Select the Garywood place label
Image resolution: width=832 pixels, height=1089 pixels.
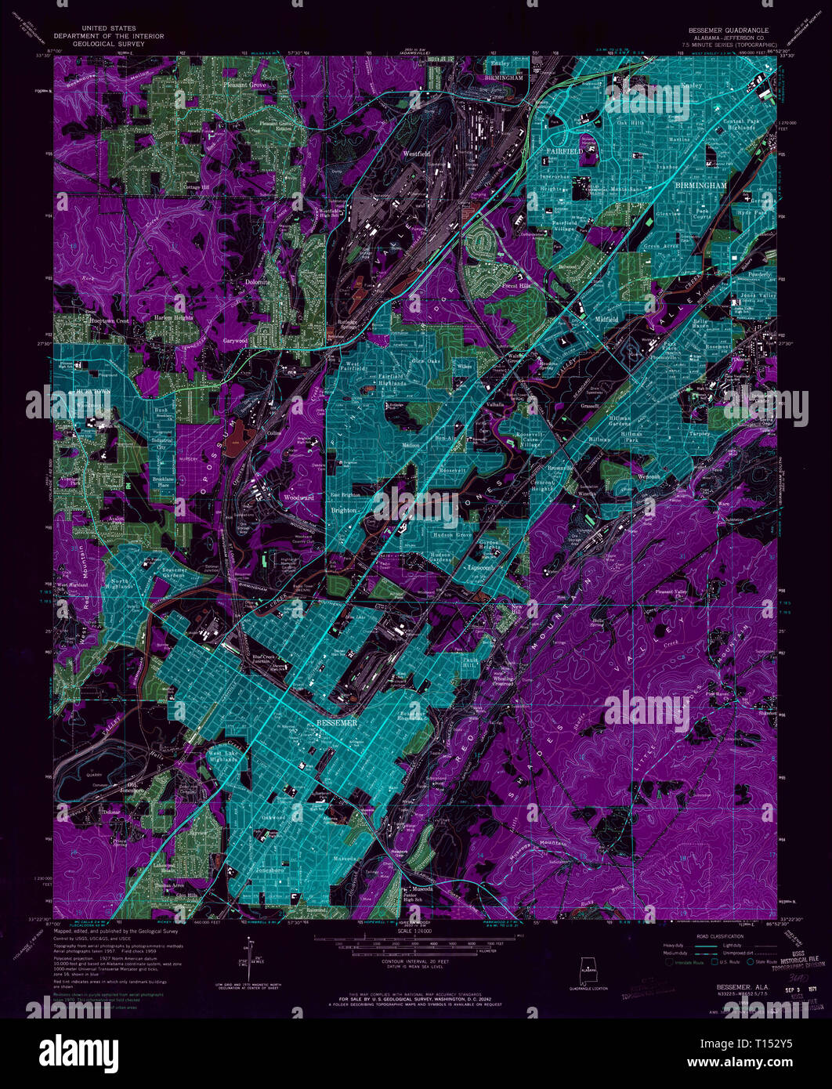point(235,342)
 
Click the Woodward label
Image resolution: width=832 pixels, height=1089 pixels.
point(298,497)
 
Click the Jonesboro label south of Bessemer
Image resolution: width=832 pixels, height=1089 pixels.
point(270,870)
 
